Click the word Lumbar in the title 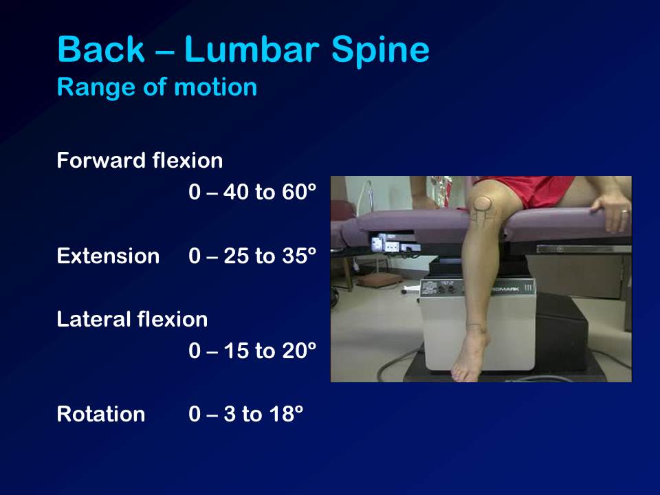click(x=252, y=49)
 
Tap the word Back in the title click(x=100, y=49)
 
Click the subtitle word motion click(x=215, y=87)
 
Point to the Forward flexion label click(x=140, y=160)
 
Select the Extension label click(x=108, y=256)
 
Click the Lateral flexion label click(x=132, y=319)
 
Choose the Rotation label click(x=101, y=414)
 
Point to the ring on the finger click(x=624, y=212)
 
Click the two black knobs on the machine click(x=446, y=289)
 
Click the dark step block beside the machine click(x=562, y=333)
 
